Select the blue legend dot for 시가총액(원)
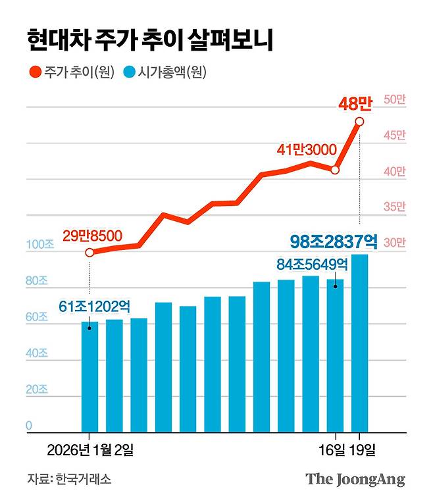[129, 73]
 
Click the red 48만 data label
[355, 103]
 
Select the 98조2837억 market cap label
[333, 241]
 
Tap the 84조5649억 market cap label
[311, 265]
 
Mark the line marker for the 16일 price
[336, 170]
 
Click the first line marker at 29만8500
[89, 252]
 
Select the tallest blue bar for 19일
[360, 342]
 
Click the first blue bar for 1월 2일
[89, 376]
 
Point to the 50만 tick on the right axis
[395, 99]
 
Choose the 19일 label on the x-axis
[363, 451]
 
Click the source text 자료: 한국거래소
[69, 479]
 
